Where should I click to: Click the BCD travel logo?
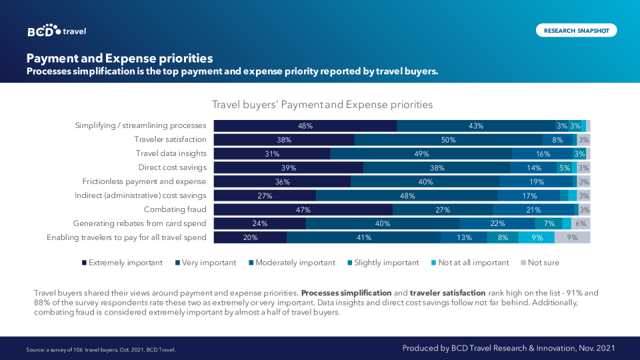(x=57, y=31)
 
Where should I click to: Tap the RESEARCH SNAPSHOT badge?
(x=576, y=31)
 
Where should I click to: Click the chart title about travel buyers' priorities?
(x=322, y=105)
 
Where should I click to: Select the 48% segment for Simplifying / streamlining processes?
(x=305, y=125)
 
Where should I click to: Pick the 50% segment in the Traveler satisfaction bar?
(x=448, y=140)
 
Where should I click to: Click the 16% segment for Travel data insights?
(x=543, y=154)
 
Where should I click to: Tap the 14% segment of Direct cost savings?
(x=534, y=168)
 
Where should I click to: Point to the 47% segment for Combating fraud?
(x=303, y=209)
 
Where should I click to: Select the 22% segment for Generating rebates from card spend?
(x=497, y=223)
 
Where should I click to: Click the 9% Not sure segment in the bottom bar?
(x=572, y=237)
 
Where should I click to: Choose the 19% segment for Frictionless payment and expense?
(x=536, y=181)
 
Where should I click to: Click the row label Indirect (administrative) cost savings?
(x=141, y=195)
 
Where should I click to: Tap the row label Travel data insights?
(x=171, y=154)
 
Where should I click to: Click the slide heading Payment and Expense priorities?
(x=119, y=58)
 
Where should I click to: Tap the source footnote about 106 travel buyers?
(x=101, y=349)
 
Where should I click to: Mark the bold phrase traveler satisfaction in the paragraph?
(x=449, y=293)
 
